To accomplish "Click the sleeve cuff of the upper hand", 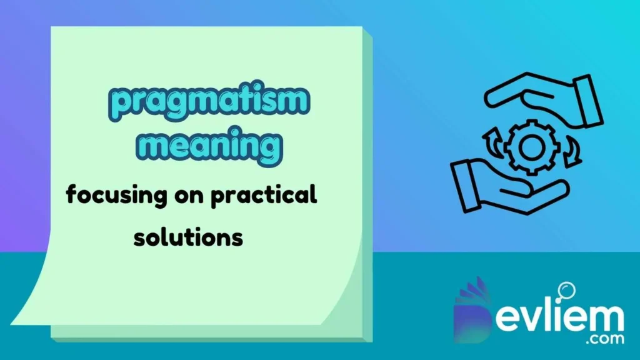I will tap(584, 99).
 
